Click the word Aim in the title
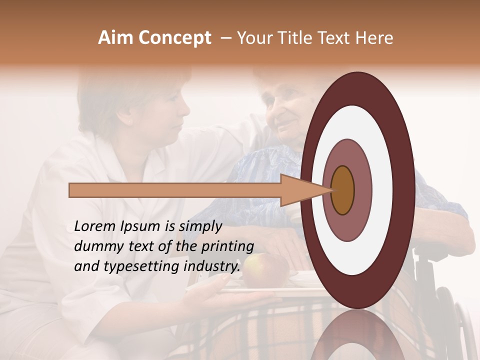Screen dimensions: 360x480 tap(115, 38)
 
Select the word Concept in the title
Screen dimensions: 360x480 tap(174, 38)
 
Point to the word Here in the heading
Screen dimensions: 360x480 tap(374, 38)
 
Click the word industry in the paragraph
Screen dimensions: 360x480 tap(211, 266)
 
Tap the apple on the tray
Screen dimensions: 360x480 tap(265, 270)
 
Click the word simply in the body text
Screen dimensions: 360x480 tap(200, 226)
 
